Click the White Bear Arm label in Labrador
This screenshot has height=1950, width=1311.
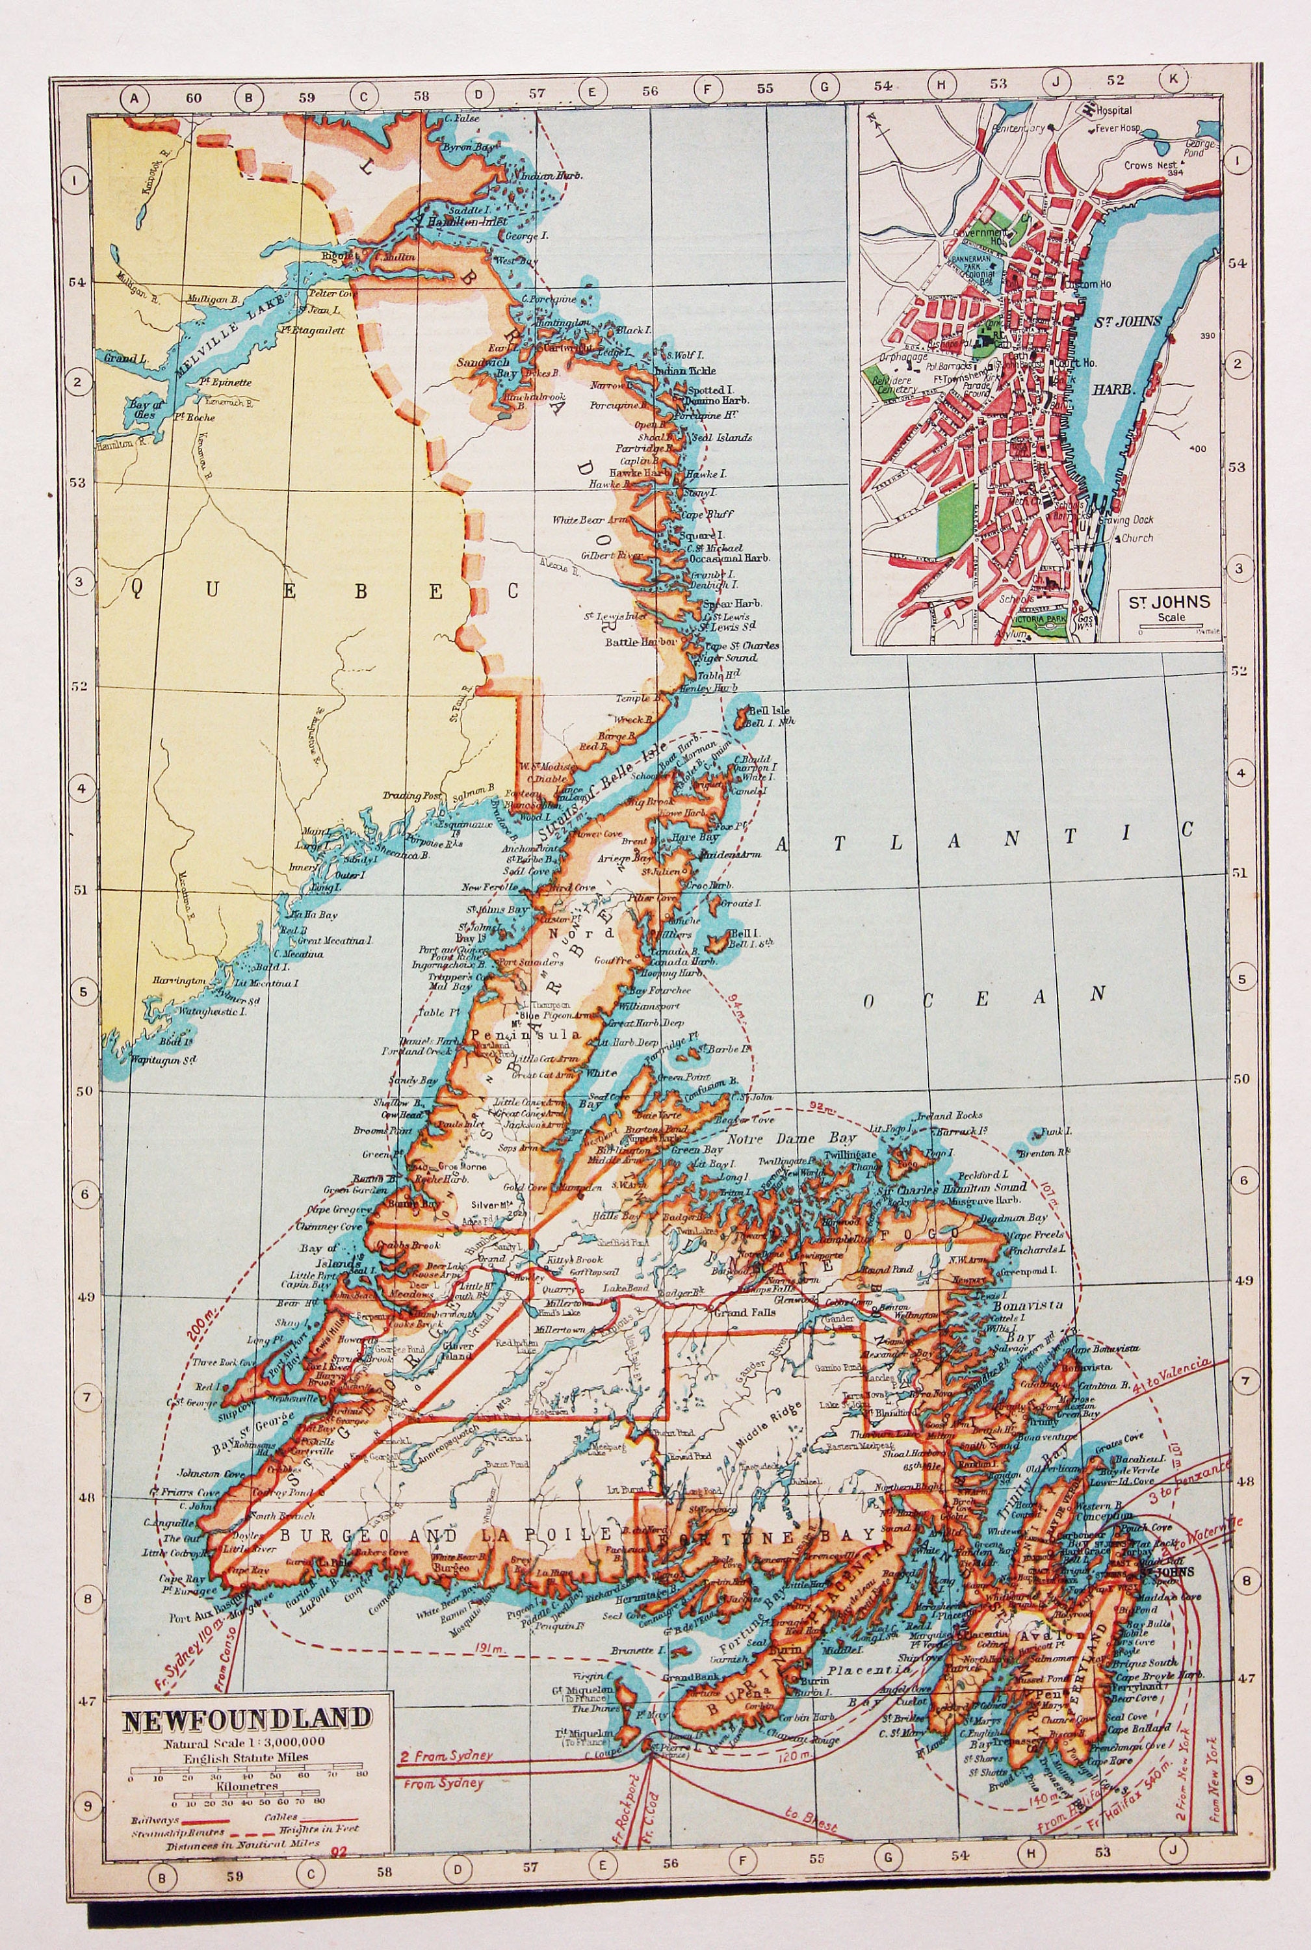[590, 520]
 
